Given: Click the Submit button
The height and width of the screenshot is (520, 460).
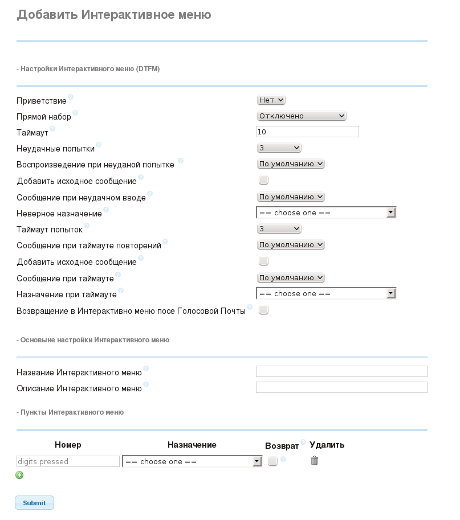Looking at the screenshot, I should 34,503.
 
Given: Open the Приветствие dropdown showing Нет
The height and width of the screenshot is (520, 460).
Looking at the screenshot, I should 271,100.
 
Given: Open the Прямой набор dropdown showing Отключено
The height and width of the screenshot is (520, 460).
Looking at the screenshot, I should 302,116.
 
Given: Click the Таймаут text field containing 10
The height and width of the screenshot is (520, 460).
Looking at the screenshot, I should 307,132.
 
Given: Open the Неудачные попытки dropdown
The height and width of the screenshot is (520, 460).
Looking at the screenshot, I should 279,148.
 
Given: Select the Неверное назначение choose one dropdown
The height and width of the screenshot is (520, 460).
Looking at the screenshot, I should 325,213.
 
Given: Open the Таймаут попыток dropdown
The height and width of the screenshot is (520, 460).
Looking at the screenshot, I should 279,229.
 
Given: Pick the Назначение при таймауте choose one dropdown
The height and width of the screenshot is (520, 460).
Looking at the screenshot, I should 325,294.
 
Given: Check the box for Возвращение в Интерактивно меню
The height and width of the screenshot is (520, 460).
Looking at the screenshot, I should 263,310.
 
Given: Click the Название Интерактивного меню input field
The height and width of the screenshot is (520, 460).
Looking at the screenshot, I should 341,372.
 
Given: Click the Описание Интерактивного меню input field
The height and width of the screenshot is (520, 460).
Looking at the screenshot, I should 341,388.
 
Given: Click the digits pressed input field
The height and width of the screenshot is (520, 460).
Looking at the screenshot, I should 68,461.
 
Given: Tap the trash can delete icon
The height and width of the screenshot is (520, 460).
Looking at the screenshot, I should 314,460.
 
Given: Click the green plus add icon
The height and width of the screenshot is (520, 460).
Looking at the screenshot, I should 20,475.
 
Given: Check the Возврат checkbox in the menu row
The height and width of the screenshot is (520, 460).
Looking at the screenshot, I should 272,461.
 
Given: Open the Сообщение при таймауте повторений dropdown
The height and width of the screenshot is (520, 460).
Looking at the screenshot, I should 291,245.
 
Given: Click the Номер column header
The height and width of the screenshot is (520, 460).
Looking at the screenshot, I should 68,445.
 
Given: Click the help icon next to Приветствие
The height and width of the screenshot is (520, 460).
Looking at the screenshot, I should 71,97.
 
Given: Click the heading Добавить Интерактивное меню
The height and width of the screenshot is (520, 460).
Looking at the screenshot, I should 114,15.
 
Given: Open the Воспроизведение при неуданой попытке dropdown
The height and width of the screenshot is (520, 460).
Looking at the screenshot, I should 291,164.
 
